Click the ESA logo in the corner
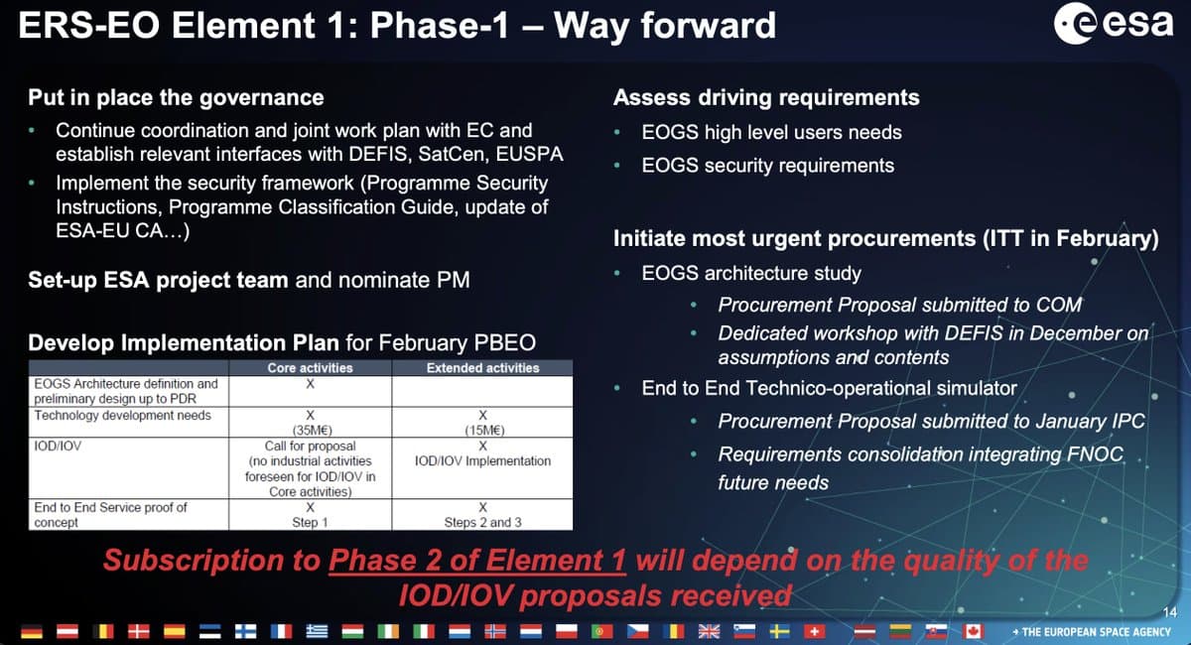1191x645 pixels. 1114,23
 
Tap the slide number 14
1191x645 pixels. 1170,612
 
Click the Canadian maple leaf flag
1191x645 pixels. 973,631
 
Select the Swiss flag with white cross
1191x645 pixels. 815,631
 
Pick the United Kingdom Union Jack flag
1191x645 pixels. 709,631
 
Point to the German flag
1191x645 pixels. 32,632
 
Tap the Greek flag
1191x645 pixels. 317,631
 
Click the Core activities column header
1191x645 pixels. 310,368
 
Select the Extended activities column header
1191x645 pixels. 482,368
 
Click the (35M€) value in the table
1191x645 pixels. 312,431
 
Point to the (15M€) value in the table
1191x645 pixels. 484,431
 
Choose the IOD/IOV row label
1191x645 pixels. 58,446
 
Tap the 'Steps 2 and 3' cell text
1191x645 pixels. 482,522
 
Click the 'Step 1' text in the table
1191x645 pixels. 310,522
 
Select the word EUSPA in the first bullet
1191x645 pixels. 529,154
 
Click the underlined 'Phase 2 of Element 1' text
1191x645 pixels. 477,561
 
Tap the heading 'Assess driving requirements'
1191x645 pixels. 766,98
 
